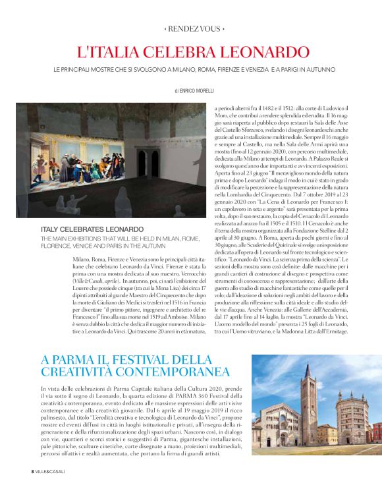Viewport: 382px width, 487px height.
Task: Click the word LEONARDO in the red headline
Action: pos(259,51)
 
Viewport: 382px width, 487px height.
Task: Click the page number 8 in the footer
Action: pos(32,471)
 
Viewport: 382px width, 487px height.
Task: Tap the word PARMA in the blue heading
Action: pos(72,359)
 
